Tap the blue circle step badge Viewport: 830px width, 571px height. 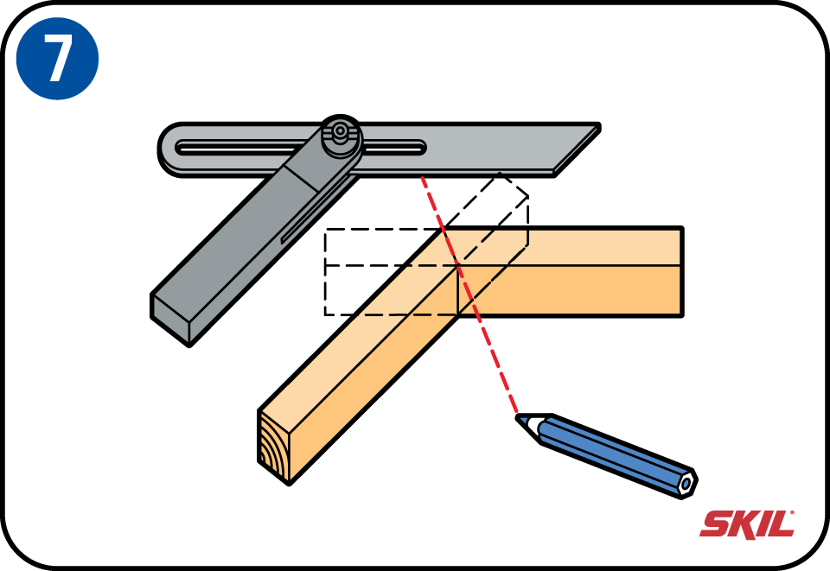click(x=57, y=58)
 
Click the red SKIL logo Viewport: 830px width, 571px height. click(x=747, y=524)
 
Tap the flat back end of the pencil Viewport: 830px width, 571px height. click(x=687, y=483)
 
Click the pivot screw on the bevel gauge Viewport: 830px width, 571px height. click(x=341, y=130)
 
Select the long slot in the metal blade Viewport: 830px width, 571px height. click(x=301, y=148)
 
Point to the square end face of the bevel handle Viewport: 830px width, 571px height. click(x=170, y=319)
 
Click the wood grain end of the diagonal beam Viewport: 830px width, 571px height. click(x=274, y=446)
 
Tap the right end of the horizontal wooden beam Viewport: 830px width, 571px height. click(x=682, y=272)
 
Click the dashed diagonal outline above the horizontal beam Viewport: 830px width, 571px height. click(x=486, y=209)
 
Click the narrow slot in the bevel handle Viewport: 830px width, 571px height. click(x=316, y=211)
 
